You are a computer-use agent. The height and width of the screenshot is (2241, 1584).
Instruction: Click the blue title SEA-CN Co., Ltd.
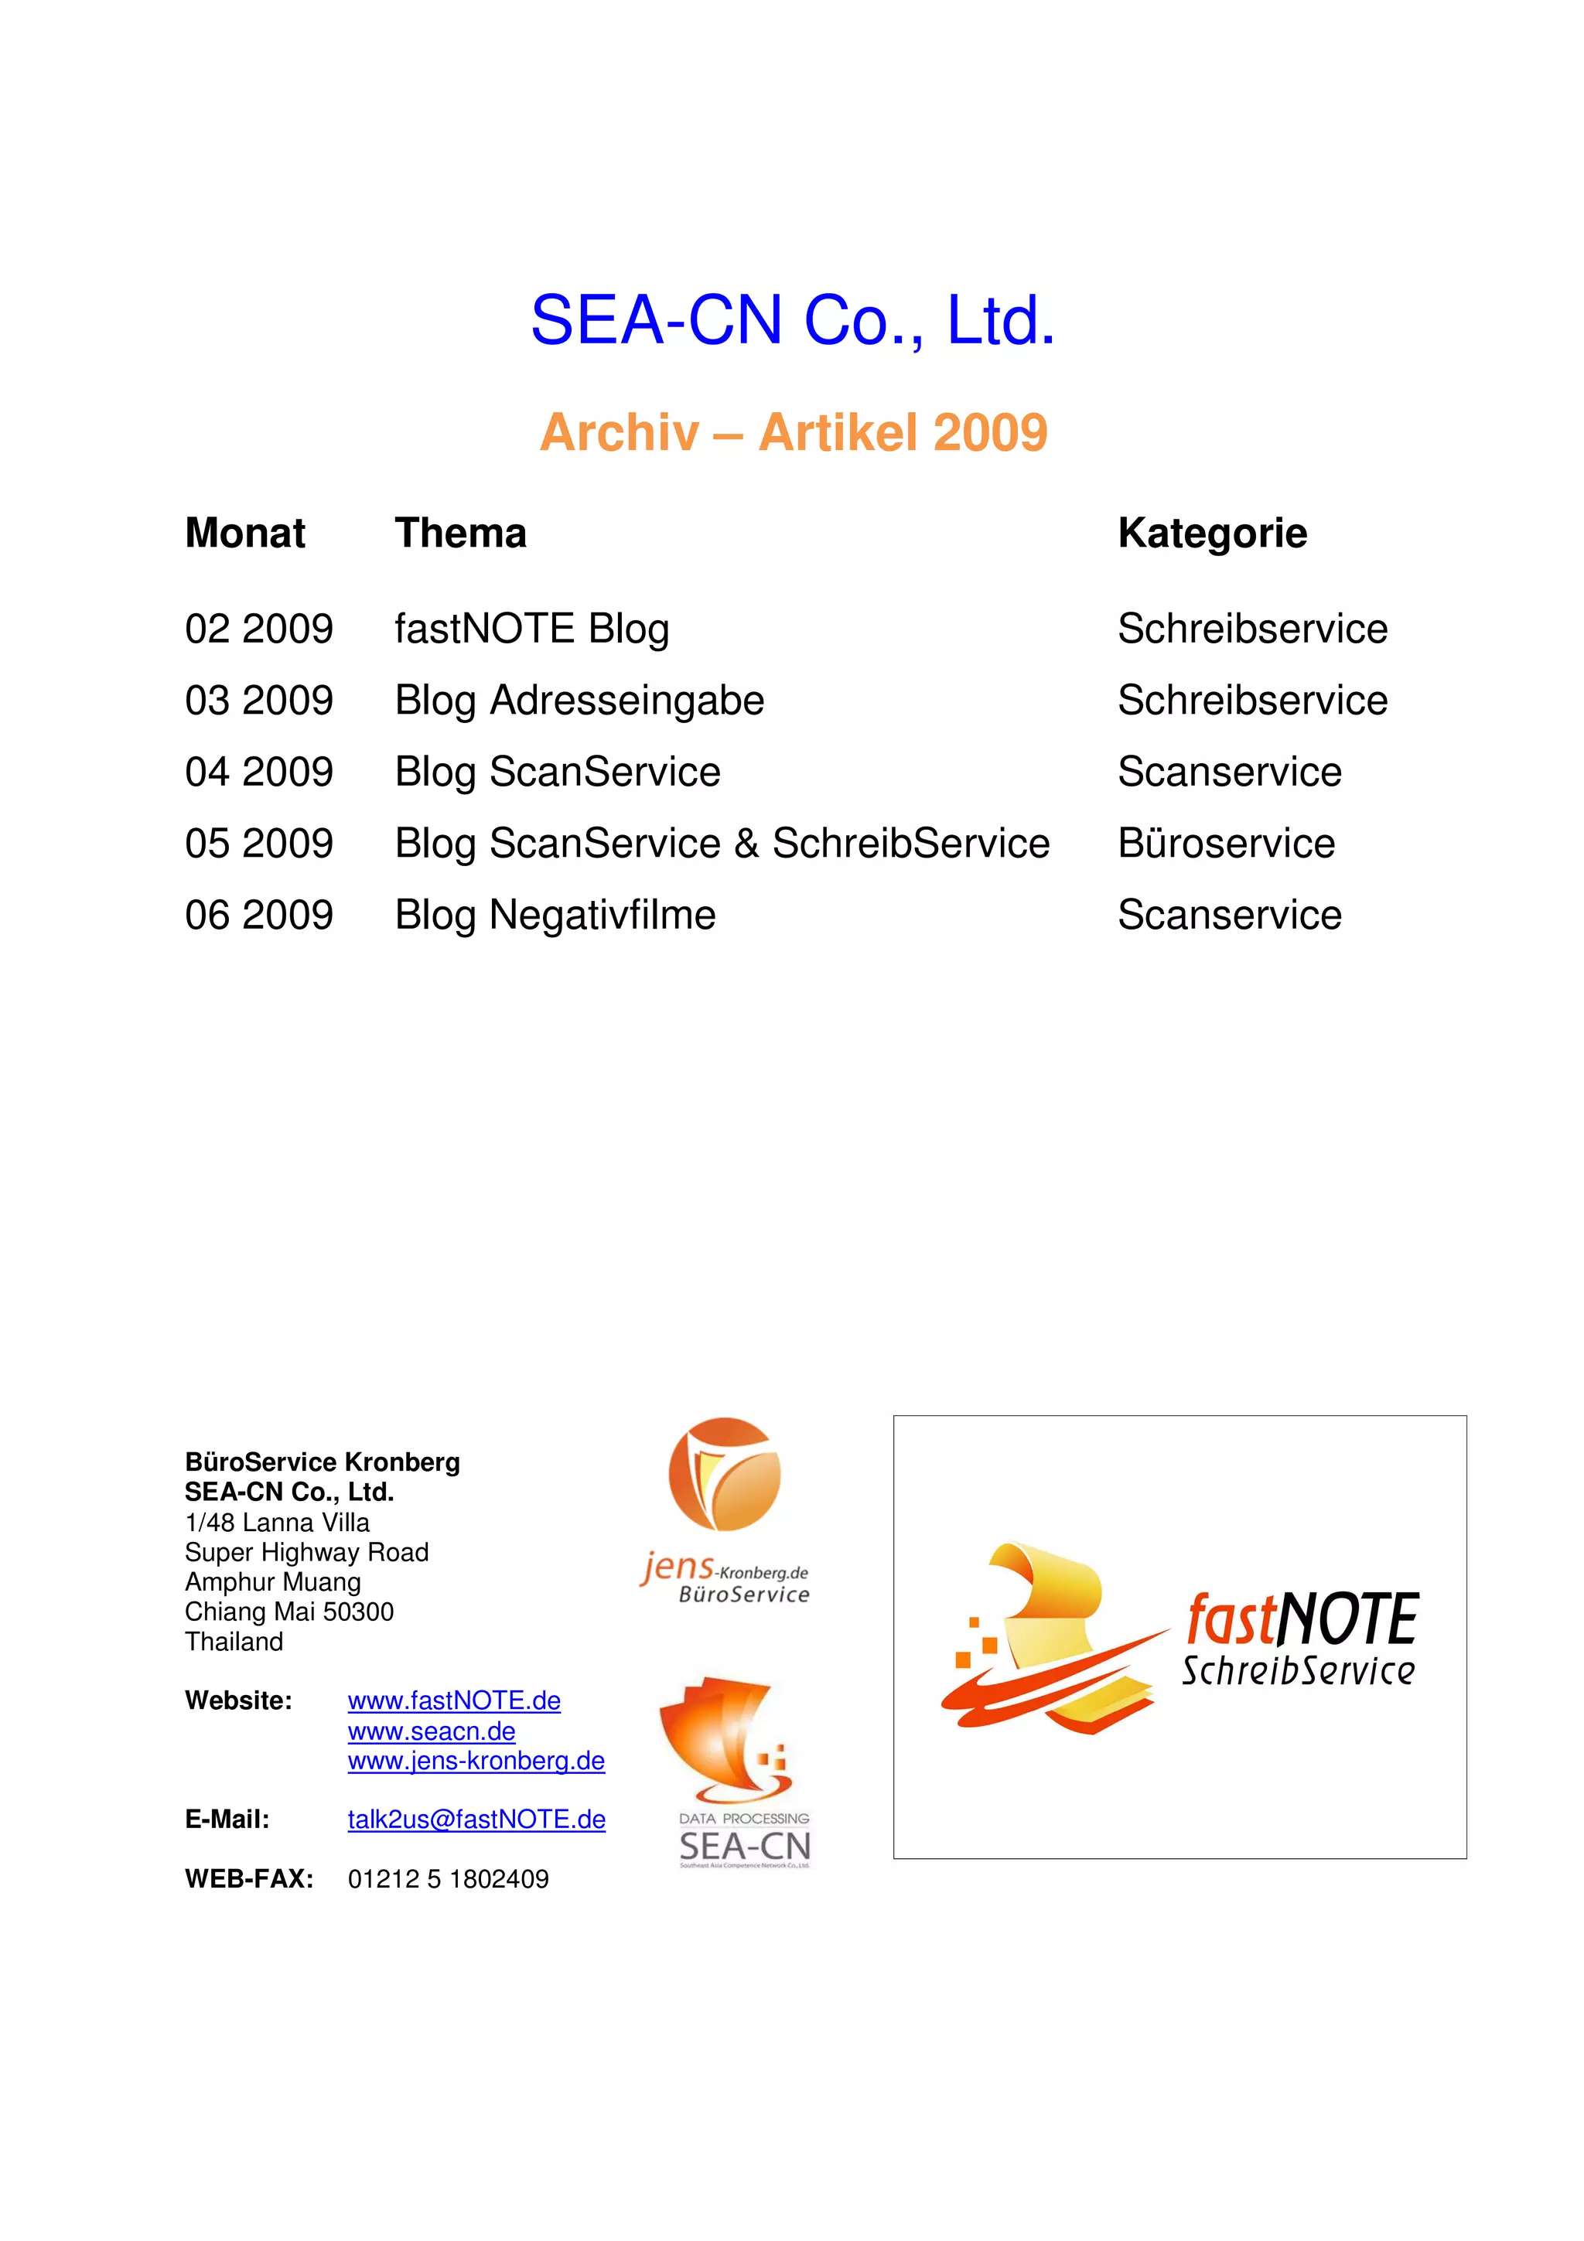tap(793, 320)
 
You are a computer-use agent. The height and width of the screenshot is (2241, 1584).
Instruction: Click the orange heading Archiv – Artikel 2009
tap(793, 432)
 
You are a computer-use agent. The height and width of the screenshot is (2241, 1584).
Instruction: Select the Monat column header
tap(245, 533)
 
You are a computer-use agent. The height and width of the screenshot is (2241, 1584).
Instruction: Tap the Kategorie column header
tap(1211, 533)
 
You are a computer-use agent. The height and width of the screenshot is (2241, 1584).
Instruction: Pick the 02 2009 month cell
tap(258, 629)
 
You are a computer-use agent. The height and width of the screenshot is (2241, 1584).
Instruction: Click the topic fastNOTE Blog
tap(532, 629)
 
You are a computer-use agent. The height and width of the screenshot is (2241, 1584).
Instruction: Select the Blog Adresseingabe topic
tap(579, 701)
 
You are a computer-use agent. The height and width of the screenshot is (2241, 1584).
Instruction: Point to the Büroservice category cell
tap(1226, 844)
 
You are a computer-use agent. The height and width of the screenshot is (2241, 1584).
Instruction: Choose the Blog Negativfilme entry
tap(555, 916)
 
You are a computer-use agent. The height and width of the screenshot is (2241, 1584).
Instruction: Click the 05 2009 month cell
tap(258, 844)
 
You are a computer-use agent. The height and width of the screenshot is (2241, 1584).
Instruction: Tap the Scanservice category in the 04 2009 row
tap(1229, 772)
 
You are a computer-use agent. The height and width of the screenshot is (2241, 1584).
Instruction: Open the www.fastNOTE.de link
tap(454, 1700)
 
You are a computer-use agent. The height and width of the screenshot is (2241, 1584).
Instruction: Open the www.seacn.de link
tap(432, 1731)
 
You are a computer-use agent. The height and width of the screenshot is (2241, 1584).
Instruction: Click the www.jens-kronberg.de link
tap(476, 1761)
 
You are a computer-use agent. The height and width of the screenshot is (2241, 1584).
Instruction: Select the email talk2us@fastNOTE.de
tap(476, 1820)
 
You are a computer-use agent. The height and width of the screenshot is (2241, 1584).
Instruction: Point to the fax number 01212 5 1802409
tap(448, 1879)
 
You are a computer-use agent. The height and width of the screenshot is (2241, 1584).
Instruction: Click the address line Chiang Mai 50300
tap(289, 1612)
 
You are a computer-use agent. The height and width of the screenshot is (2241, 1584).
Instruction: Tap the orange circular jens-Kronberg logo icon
tap(724, 1474)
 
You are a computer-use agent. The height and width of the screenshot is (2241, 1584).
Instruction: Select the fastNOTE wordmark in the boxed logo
tap(1302, 1619)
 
